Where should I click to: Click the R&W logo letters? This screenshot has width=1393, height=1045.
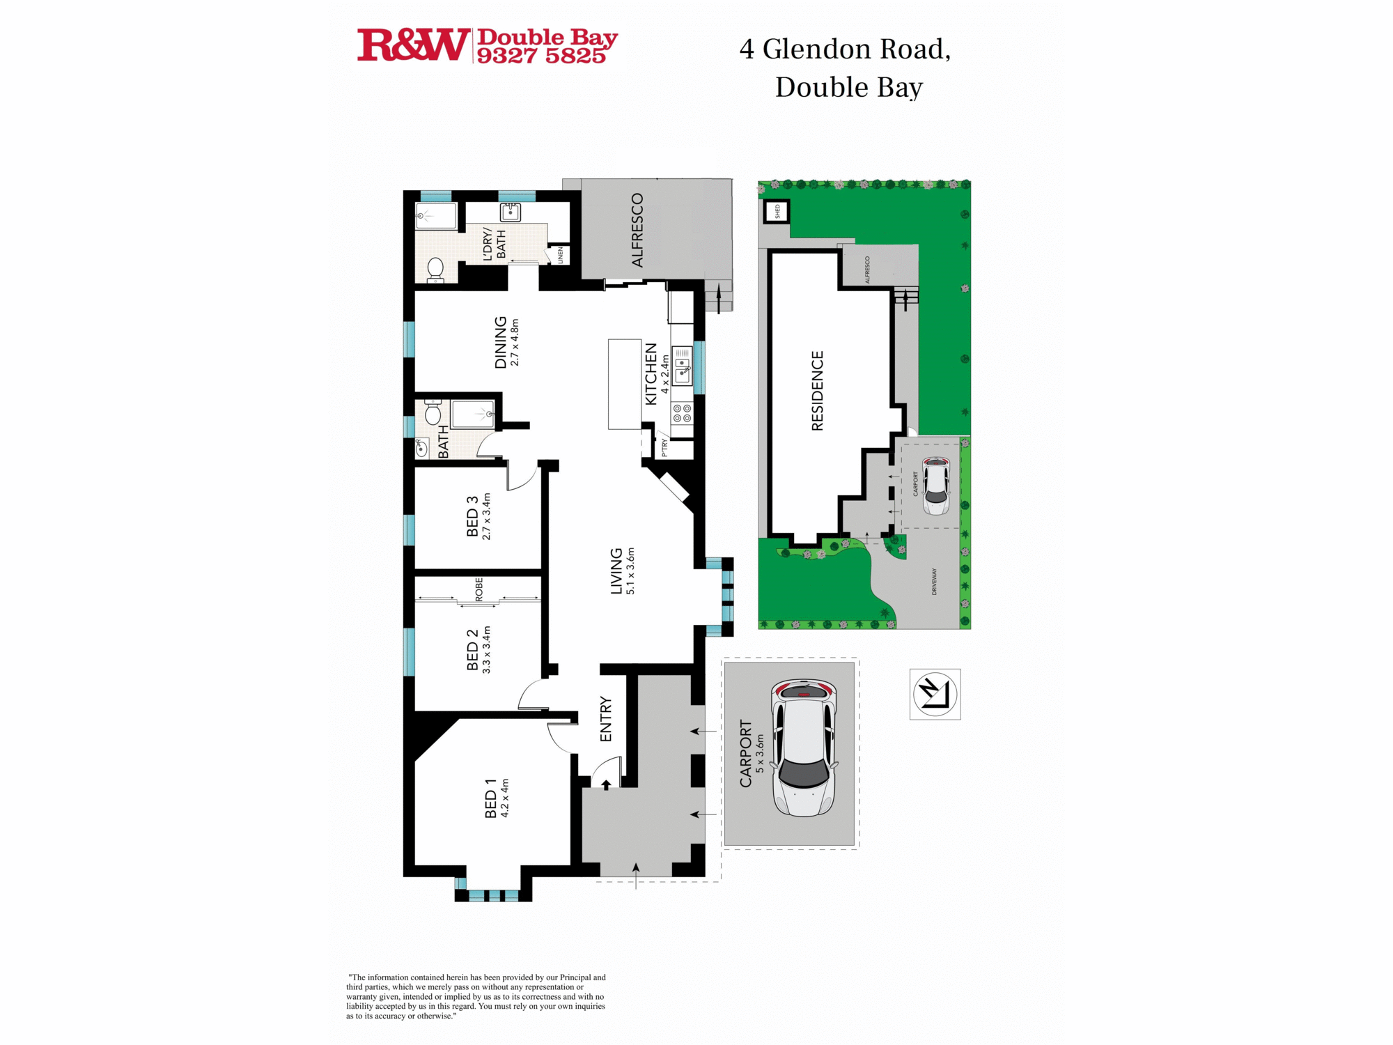(412, 45)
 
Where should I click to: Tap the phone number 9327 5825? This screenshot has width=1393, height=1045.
(541, 56)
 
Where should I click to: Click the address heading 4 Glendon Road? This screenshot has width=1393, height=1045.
(844, 49)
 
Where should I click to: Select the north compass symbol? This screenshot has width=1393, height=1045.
(935, 694)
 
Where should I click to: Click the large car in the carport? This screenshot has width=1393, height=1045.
(804, 748)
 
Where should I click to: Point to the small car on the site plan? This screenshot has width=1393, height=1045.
(935, 486)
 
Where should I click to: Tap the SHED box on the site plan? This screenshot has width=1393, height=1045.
(777, 210)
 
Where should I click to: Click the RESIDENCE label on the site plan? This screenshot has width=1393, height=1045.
(817, 391)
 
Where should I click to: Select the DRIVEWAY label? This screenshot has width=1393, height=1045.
(934, 581)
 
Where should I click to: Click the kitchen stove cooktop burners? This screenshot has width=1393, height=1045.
(682, 413)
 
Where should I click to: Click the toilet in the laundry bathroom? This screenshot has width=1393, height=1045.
(435, 268)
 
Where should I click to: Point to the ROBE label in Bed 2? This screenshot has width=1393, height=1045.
(478, 589)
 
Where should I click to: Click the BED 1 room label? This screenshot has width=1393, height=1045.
(490, 798)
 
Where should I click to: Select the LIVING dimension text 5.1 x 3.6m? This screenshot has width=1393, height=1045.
(630, 571)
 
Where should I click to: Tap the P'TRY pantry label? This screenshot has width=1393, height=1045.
(664, 447)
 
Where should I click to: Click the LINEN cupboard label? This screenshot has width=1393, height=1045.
(559, 255)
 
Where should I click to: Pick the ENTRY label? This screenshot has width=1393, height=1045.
(605, 719)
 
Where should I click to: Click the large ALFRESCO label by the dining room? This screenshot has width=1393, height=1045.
(637, 231)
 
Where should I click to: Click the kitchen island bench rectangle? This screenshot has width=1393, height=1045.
(625, 384)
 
